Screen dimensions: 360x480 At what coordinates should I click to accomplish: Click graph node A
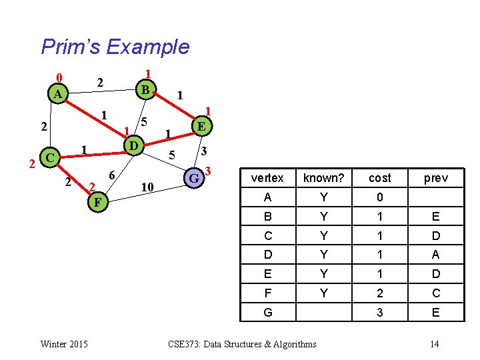[x=58, y=95]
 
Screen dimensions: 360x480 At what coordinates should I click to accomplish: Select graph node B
[x=144, y=88]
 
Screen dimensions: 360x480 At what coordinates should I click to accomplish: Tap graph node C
[x=48, y=158]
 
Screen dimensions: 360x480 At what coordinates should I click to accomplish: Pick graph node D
[x=133, y=145]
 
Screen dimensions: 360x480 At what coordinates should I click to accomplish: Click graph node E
[x=201, y=125]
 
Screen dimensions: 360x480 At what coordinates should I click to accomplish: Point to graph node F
[x=97, y=201]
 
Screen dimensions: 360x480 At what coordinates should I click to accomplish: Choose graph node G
[x=193, y=178]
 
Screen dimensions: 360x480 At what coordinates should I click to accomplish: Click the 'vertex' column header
[x=267, y=178]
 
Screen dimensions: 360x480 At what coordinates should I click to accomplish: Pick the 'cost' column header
[x=379, y=178]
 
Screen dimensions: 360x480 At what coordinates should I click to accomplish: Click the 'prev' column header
[x=435, y=178]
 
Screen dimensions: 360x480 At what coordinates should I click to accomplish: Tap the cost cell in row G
[x=379, y=312]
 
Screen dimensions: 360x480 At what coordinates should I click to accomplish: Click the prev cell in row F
[x=435, y=293]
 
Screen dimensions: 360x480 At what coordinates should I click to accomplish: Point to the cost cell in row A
[x=379, y=197]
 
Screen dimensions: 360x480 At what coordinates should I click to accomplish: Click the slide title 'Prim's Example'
[x=115, y=47]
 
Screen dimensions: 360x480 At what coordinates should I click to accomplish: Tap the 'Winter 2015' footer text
[x=63, y=344]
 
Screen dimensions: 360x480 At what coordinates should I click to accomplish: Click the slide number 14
[x=434, y=344]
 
